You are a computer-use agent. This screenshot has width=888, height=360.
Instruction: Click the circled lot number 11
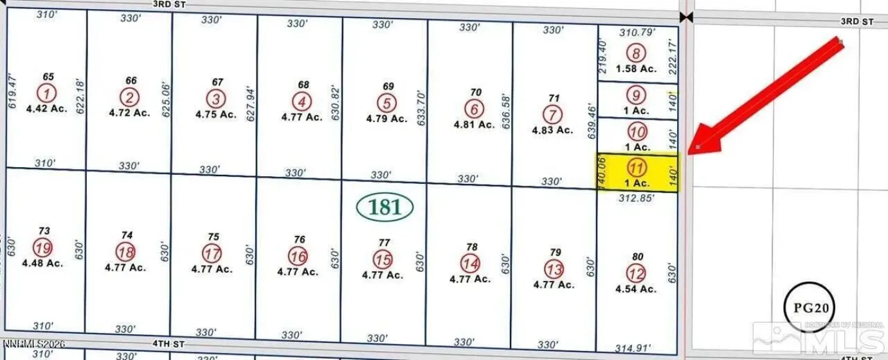[x=636, y=169]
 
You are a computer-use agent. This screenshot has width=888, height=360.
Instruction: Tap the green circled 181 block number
[x=385, y=207]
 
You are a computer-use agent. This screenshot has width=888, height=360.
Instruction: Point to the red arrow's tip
[x=698, y=149]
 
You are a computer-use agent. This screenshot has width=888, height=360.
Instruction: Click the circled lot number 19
[x=44, y=247]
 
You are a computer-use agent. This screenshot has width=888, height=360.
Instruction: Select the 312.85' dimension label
[x=636, y=199]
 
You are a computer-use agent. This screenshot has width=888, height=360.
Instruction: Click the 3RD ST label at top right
[x=857, y=21]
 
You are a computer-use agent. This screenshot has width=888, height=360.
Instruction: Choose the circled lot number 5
[x=386, y=103]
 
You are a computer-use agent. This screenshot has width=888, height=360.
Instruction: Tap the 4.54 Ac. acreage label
[x=636, y=289]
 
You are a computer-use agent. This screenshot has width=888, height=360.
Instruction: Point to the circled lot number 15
[x=383, y=260]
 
